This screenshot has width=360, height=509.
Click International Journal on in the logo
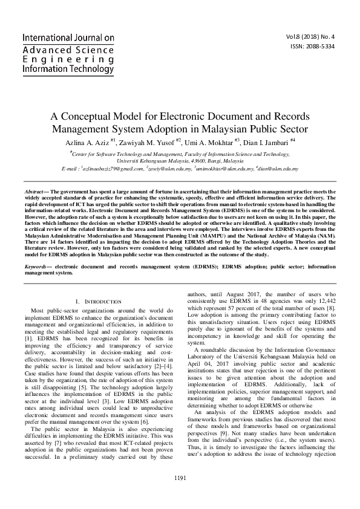point(68,38)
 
